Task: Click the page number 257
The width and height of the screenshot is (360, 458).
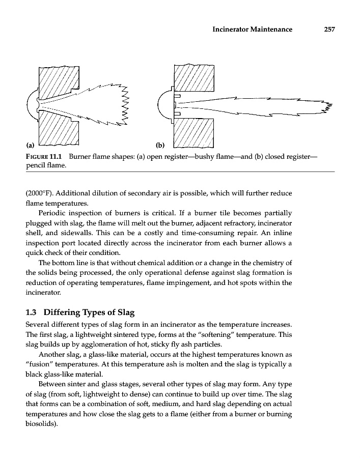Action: click(328, 30)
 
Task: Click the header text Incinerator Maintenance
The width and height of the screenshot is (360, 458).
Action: click(252, 30)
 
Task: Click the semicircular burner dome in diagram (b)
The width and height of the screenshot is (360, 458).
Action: click(164, 106)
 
